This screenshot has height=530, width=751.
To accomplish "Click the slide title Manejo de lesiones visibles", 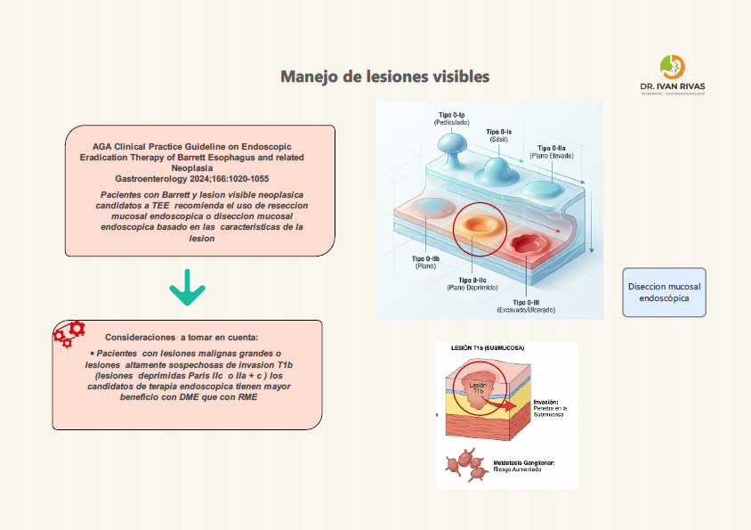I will click(384, 77).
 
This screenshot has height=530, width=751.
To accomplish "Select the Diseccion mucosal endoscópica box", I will click(664, 293).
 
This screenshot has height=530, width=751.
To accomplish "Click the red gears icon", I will click(69, 334).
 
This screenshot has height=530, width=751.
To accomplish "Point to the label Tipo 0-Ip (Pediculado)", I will click(451, 118).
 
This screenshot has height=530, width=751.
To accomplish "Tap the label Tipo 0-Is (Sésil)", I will click(498, 135).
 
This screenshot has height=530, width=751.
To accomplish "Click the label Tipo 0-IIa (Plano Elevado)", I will click(552, 151).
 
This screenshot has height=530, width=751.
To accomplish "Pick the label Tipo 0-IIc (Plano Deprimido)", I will click(472, 283).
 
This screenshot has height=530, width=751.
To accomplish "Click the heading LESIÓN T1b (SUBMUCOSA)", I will click(488, 347).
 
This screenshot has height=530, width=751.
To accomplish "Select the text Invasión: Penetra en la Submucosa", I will click(554, 408).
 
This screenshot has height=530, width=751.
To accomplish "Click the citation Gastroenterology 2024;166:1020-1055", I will click(192, 179).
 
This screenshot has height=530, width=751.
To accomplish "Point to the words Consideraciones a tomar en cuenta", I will click(182, 338).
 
